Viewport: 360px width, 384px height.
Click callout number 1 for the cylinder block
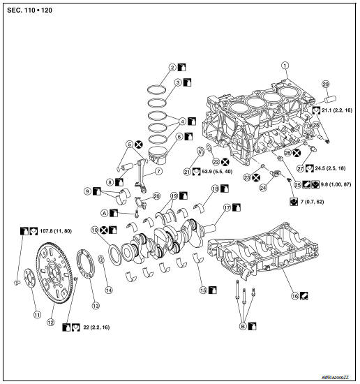284,66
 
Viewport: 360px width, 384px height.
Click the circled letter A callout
103,212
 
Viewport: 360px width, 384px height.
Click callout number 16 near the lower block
295,295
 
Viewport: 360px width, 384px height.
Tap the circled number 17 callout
227,207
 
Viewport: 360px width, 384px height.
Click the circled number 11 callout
29,314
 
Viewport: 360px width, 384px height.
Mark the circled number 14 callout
108,289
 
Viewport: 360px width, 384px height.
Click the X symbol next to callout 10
104,230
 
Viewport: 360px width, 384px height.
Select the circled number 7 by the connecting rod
159,171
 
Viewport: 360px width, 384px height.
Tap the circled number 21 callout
186,171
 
